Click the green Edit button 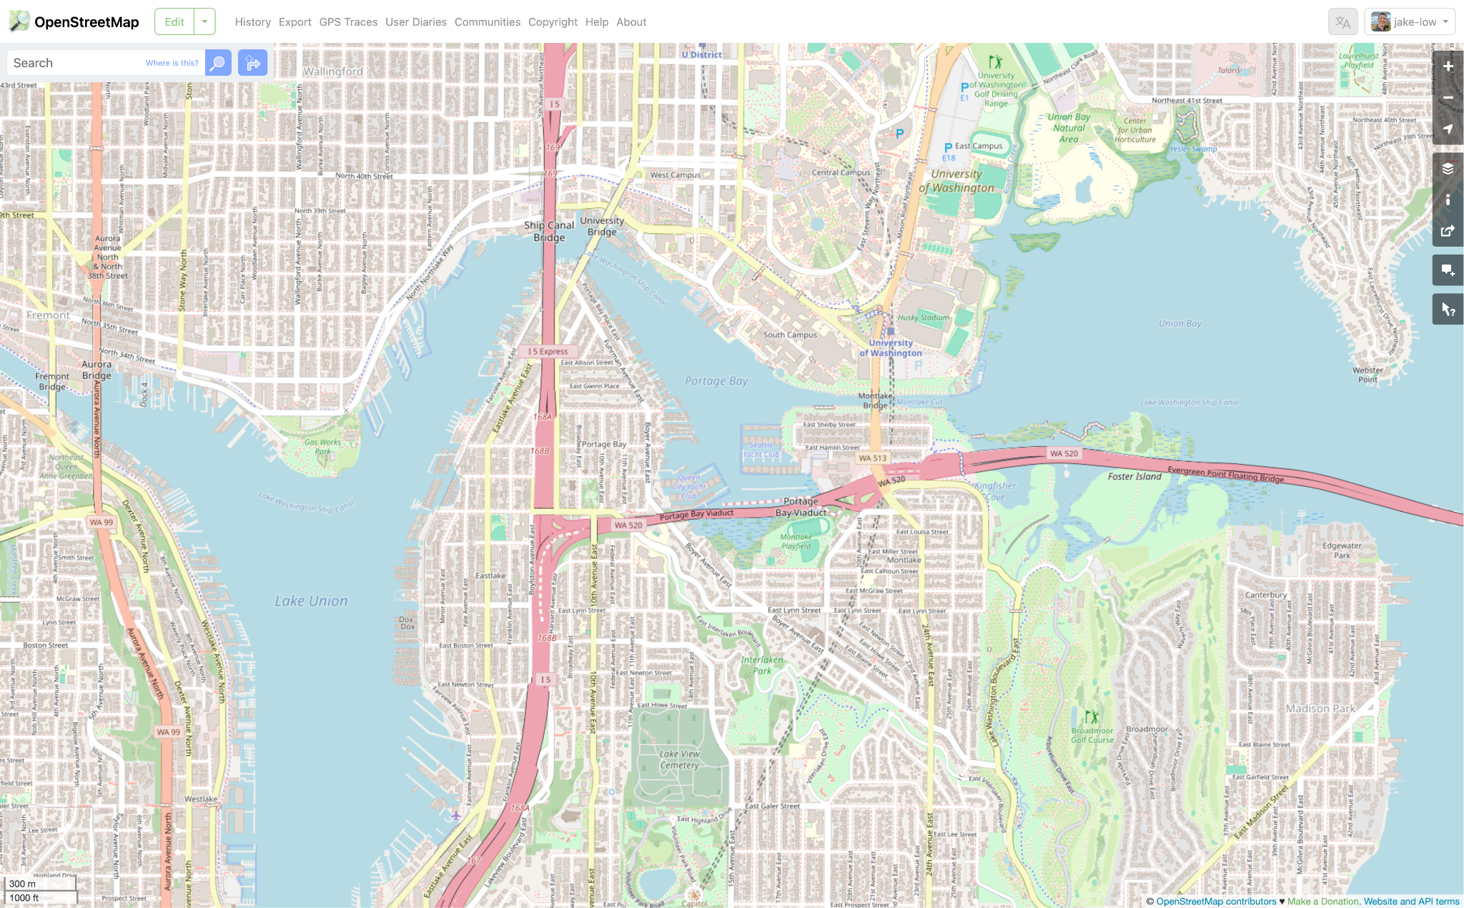point(174,22)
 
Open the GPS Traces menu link point(348,22)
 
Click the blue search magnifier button point(218,63)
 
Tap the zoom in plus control point(1448,66)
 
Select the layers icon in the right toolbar point(1448,169)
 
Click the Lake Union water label point(311,601)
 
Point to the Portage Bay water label point(716,381)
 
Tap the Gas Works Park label point(322,446)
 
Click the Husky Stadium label point(924,317)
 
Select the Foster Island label point(1134,476)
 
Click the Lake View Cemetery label point(679,759)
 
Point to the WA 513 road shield point(872,458)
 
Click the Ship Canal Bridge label point(549,231)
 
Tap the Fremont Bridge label point(52,381)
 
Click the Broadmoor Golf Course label point(1092,735)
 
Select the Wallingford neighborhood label point(333,71)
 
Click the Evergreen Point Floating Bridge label point(1225,474)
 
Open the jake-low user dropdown point(1410,22)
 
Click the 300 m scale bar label point(22,884)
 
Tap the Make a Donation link point(1322,902)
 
